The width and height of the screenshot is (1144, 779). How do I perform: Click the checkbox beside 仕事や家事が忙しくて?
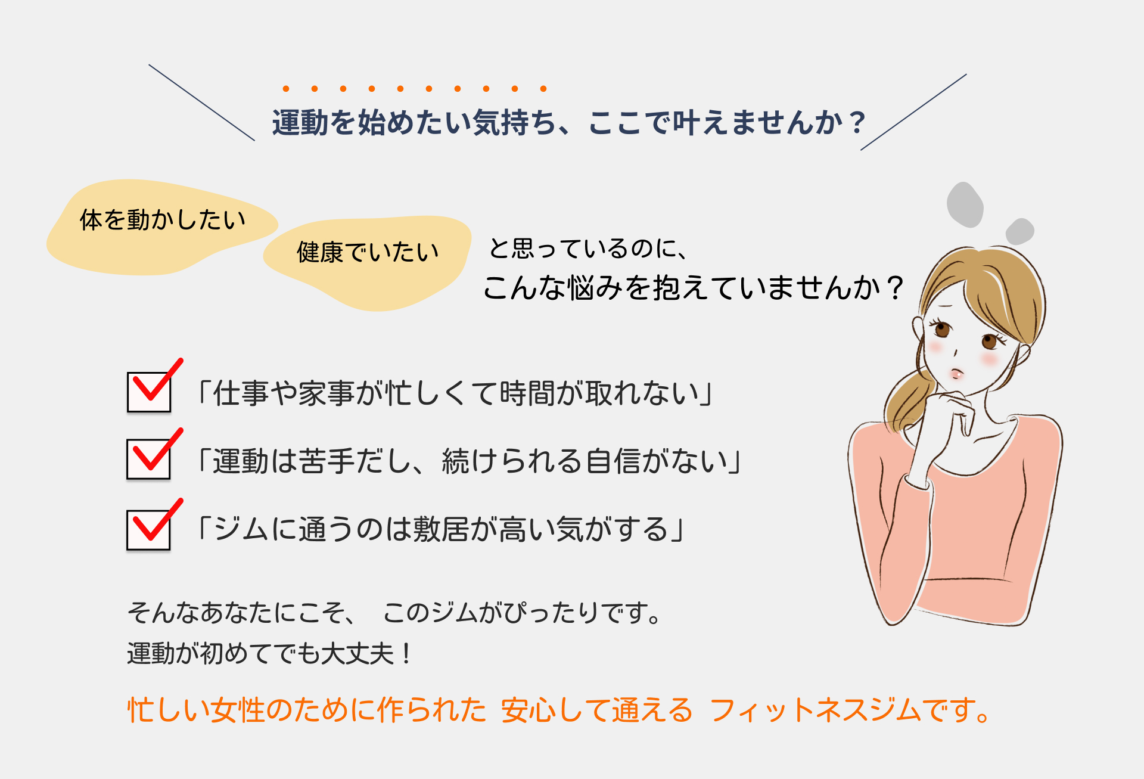coord(149,392)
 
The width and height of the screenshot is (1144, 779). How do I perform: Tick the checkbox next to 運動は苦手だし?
coord(149,460)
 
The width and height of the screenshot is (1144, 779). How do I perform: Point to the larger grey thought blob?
coord(965,204)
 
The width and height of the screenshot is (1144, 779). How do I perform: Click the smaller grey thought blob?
coord(1019,231)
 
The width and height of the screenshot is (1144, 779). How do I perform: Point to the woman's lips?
coord(956,374)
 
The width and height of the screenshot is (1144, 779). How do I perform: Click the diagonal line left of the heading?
coord(201,103)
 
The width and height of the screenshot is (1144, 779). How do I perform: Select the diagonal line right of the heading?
coord(913,112)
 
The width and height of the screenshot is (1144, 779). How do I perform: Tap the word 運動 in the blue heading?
coord(300,123)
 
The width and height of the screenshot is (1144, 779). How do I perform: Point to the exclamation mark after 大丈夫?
coord(406,654)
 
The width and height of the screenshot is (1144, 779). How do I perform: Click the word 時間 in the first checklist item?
coord(527,393)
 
